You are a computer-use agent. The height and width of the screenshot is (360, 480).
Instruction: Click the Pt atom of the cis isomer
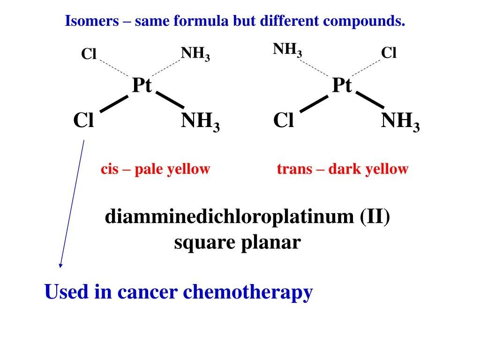coord(142,86)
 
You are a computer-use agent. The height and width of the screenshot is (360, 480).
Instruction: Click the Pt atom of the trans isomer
coord(342,86)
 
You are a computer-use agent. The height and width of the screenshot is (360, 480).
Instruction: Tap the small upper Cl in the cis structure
coord(89,54)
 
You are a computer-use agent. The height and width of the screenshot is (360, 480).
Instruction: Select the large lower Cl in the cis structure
coord(83,121)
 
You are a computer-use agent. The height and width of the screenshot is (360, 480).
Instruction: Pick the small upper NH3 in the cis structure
coord(195,54)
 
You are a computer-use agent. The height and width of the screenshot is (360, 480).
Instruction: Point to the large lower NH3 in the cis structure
coord(200,122)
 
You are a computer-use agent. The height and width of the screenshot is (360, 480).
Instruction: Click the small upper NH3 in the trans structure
coord(287,49)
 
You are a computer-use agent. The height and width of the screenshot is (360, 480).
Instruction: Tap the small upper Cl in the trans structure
coord(389,53)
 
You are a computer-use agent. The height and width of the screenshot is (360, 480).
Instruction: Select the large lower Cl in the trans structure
coord(284,121)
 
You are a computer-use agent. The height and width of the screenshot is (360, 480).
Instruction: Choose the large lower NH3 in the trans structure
coord(400,122)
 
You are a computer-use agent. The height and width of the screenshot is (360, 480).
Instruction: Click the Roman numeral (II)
coord(375,217)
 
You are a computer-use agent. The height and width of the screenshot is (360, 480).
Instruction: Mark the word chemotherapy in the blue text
coord(247,292)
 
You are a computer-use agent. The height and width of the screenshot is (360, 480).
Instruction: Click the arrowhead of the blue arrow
coord(60,265)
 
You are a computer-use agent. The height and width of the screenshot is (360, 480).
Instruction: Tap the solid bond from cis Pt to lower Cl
coord(114,104)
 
